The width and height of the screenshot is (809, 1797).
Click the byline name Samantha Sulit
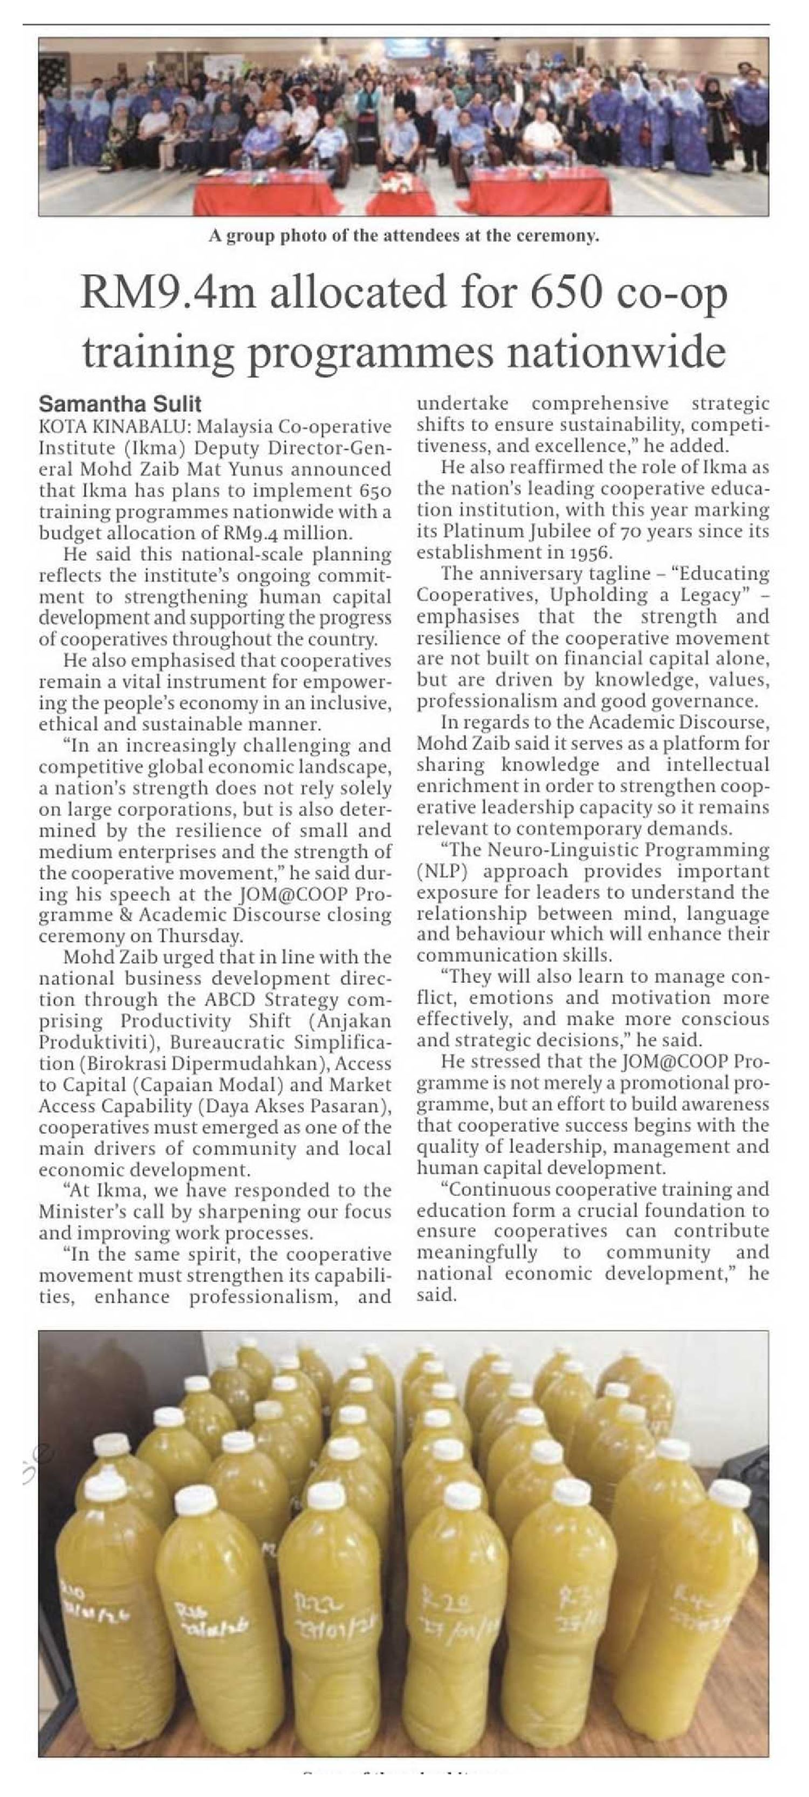click(x=120, y=404)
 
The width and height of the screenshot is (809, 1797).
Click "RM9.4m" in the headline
click(x=169, y=291)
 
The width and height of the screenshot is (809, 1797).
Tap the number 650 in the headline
click(x=565, y=291)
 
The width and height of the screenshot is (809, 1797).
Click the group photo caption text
click(x=404, y=236)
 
